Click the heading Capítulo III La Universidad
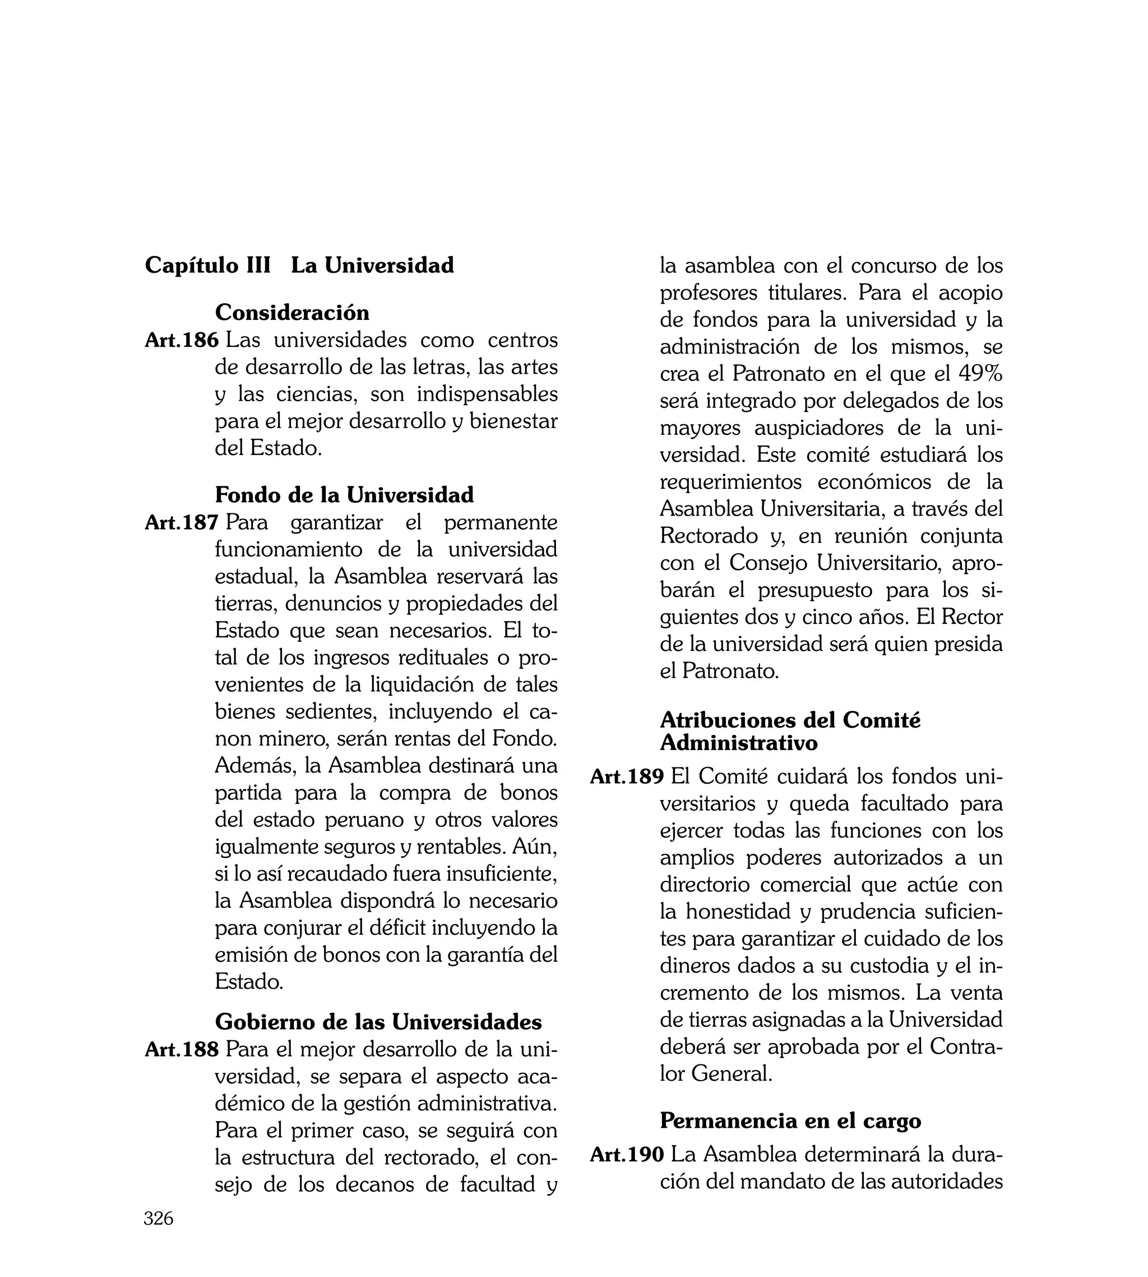click(x=299, y=265)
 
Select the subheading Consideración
click(x=292, y=313)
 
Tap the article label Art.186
click(x=182, y=340)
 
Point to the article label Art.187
click(x=182, y=523)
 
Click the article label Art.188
click(x=182, y=1050)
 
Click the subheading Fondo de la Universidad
click(x=344, y=495)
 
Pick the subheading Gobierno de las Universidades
click(x=378, y=1021)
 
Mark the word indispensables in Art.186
click(x=487, y=394)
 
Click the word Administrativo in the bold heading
click(x=739, y=743)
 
